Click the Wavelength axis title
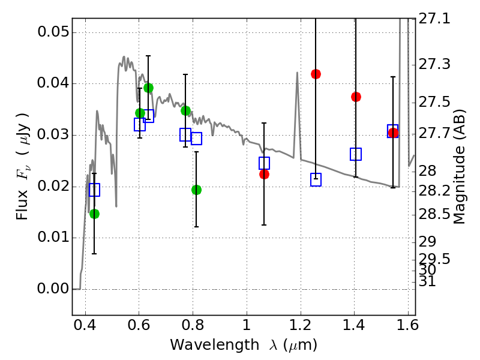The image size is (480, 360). (x=243, y=345)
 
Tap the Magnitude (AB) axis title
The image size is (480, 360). (x=460, y=166)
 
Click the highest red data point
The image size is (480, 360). (x=316, y=74)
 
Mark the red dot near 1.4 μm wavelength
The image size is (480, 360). (x=356, y=97)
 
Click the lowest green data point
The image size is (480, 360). (x=94, y=214)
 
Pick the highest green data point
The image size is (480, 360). (x=148, y=88)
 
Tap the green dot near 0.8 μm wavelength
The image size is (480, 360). (x=196, y=190)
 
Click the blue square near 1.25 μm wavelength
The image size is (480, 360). (x=316, y=179)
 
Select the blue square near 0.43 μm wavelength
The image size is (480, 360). (x=94, y=190)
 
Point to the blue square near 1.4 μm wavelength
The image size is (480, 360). (x=356, y=154)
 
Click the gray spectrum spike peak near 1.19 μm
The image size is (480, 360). (x=297, y=73)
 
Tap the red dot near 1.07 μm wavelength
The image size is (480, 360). (x=264, y=174)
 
